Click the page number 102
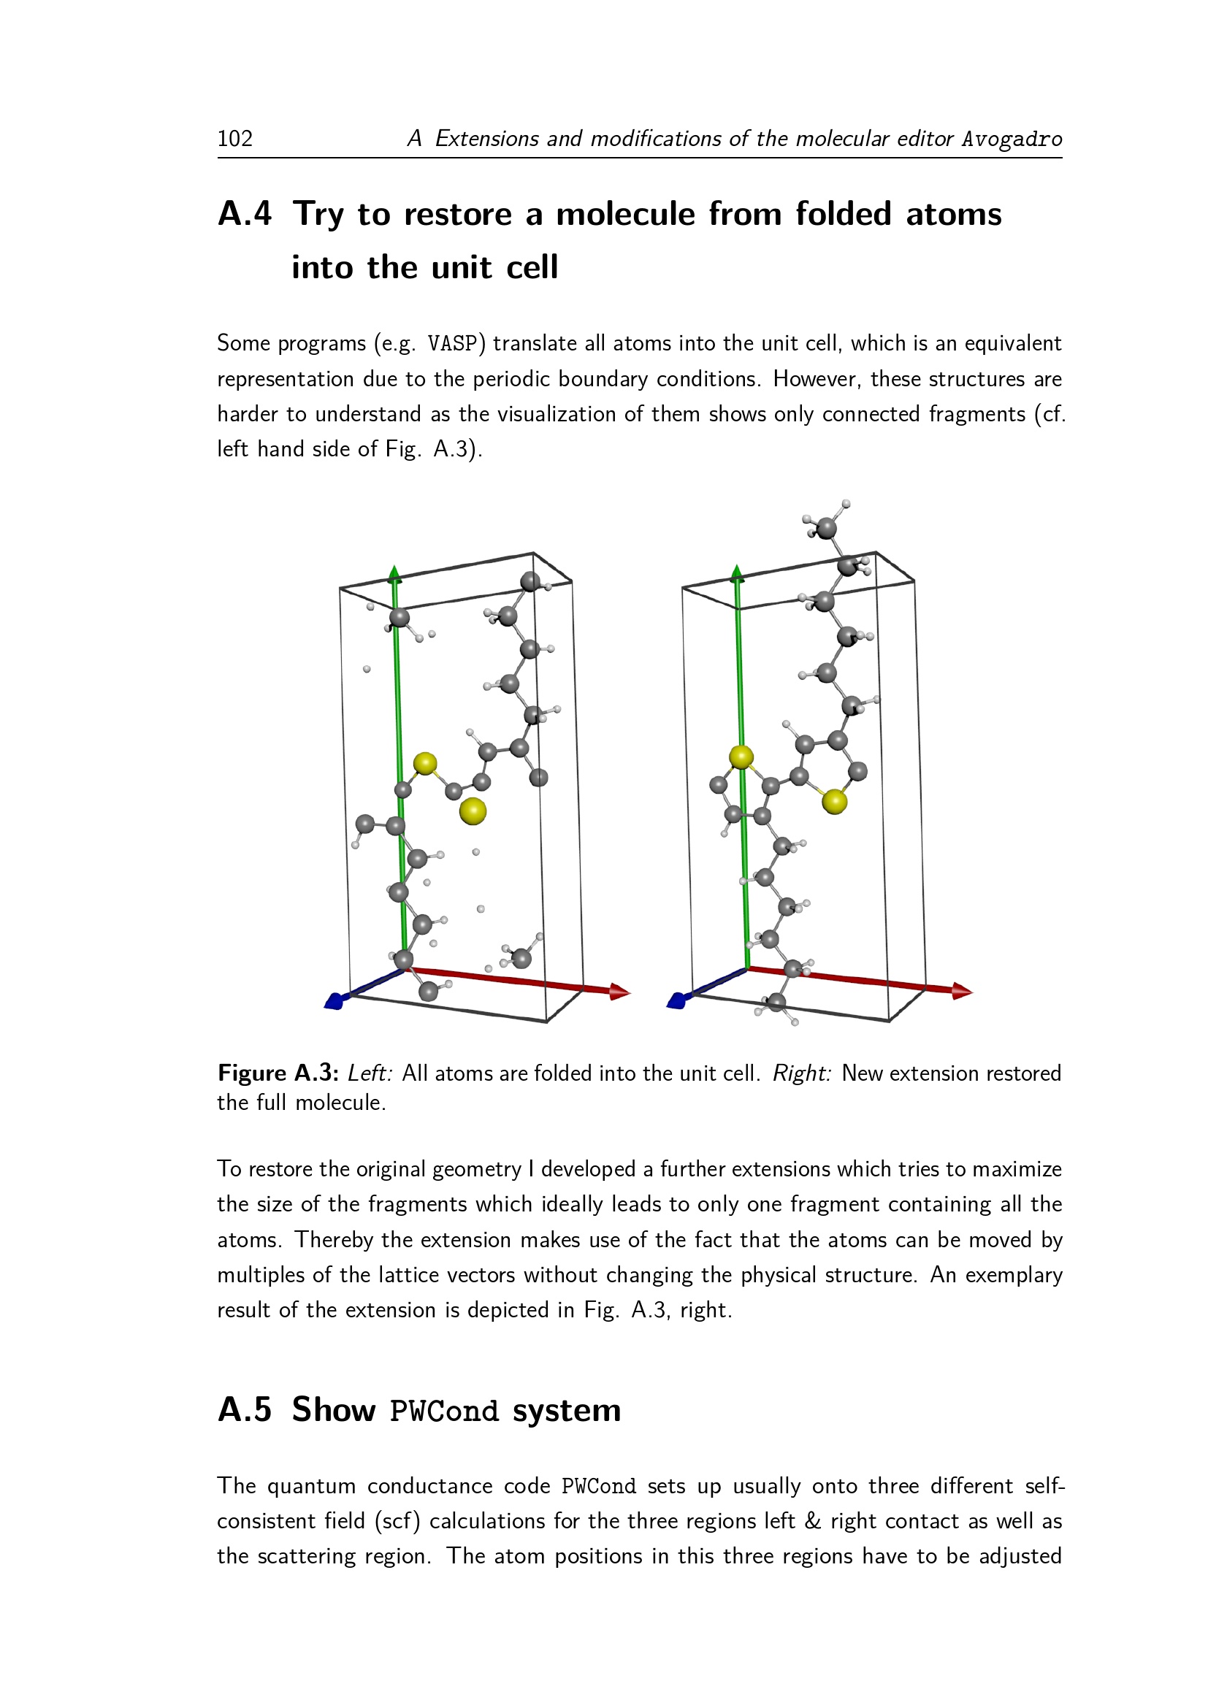[235, 138]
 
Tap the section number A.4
[244, 214]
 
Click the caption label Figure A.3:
[278, 1073]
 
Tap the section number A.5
[244, 1409]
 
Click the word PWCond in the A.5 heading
[443, 1412]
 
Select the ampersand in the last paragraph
[812, 1520]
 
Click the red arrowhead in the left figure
[620, 991]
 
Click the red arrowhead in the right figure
[963, 991]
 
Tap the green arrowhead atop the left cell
[394, 572]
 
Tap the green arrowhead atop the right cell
[737, 572]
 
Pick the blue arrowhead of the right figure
[676, 1001]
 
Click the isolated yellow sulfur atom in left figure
[473, 811]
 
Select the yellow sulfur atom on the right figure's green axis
[741, 757]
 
